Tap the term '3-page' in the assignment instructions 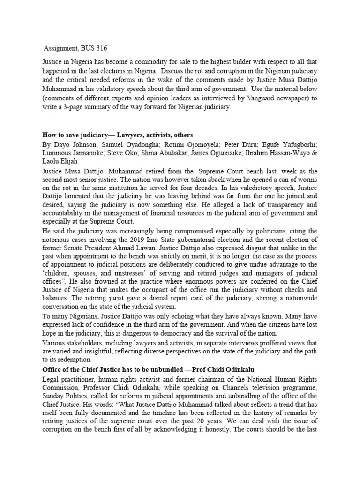70,106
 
